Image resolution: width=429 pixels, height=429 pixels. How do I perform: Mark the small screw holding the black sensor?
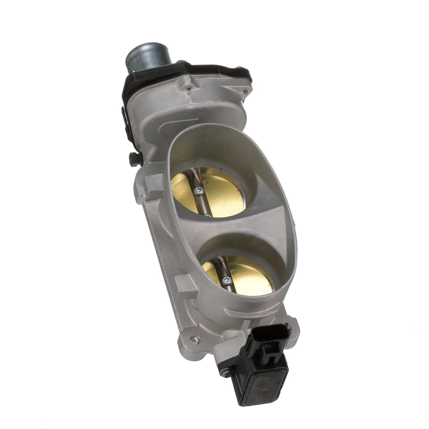(227, 372)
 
